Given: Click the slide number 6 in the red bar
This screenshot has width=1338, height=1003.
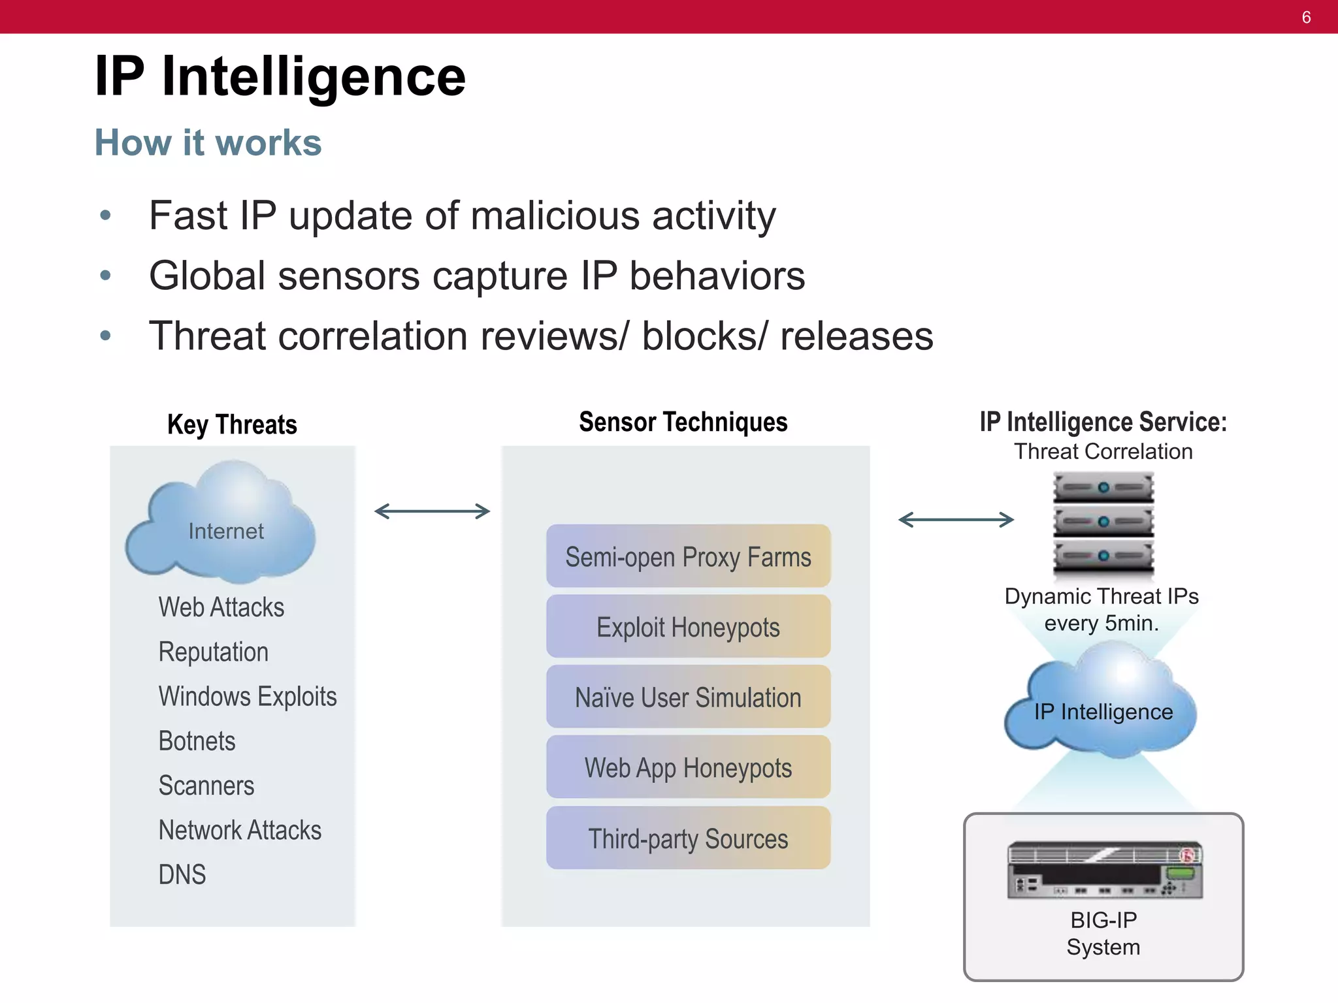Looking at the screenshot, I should (1306, 18).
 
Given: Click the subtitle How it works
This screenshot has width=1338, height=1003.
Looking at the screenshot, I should (208, 142).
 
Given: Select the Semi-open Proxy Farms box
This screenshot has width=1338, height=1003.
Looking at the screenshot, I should (688, 556).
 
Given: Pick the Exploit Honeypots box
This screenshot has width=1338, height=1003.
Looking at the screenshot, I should (688, 627).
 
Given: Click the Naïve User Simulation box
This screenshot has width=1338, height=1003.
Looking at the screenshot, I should (688, 697).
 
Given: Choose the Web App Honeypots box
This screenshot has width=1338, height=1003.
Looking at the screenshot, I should (688, 767).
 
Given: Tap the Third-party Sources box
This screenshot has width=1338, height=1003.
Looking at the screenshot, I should (688, 838).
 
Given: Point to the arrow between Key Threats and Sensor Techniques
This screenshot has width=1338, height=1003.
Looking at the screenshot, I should (432, 511).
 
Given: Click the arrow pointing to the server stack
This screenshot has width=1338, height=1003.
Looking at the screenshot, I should (956, 520).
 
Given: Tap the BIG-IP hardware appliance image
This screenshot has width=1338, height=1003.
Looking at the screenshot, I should (1104, 870).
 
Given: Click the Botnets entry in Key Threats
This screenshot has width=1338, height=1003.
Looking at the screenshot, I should (197, 741).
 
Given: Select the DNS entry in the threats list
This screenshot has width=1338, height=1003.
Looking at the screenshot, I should (182, 874).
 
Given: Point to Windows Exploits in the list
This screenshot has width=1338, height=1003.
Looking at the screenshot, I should (247, 696).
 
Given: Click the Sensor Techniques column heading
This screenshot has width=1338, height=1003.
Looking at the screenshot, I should (683, 422).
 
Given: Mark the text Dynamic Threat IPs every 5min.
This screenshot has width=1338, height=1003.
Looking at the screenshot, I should (1101, 609).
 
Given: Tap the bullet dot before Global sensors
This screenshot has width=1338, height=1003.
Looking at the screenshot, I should (105, 276).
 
